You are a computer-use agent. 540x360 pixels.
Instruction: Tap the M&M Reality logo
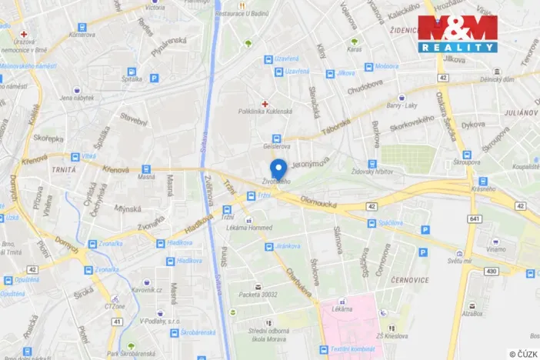pos(457,34)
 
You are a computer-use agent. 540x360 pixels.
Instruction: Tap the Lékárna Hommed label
pos(231,227)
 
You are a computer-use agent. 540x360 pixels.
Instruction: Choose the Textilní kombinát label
pos(353,349)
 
